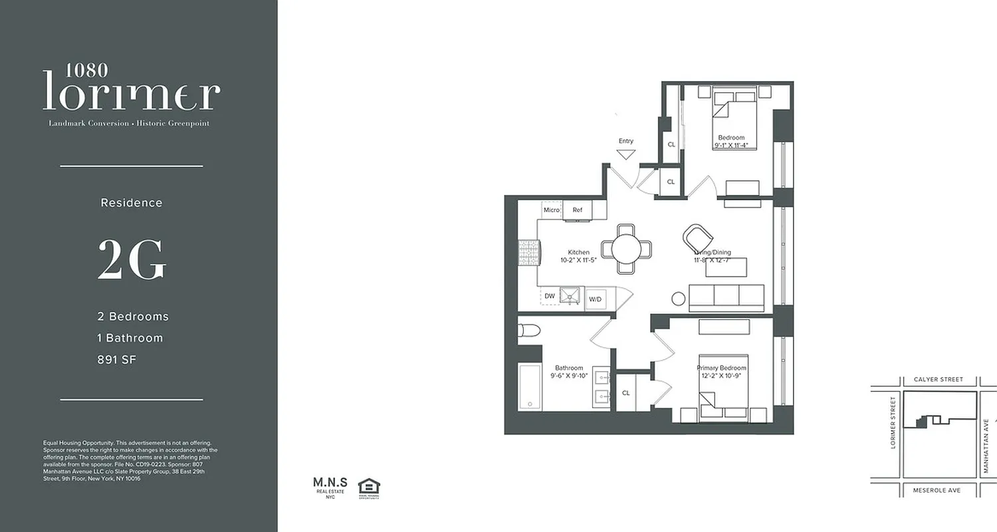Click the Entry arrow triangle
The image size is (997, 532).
point(625,155)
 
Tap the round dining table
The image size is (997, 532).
point(626,249)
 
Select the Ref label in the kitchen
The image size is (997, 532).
point(577,210)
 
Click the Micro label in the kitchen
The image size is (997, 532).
point(552,210)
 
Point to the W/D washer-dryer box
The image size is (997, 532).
point(595,299)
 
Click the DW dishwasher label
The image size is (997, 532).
point(550,297)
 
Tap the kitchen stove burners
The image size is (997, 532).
point(528,253)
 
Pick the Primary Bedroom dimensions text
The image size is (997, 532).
point(721,376)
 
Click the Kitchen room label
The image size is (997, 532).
point(578,252)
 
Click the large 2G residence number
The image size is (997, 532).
point(132,260)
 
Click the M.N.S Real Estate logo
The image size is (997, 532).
point(326,487)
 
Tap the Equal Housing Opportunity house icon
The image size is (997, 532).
point(369,487)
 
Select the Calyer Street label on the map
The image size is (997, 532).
point(939,380)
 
